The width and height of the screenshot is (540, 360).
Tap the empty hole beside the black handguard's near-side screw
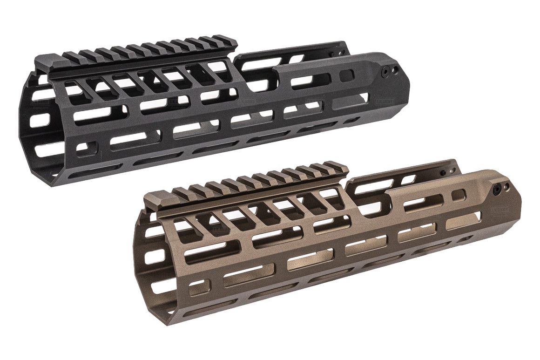point(395,69)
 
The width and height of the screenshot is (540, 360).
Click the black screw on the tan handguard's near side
point(498,189)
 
